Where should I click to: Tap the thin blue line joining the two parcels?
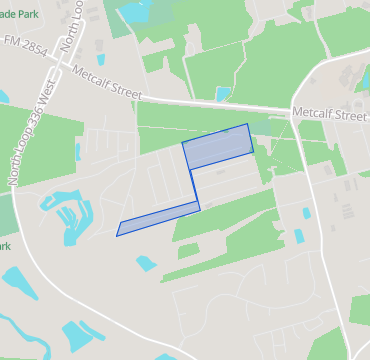point(194,186)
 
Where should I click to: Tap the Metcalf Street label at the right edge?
point(330,115)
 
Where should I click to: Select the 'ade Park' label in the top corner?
point(22,14)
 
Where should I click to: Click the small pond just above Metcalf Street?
point(222,95)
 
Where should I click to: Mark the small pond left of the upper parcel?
point(77,152)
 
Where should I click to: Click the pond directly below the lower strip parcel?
point(146,264)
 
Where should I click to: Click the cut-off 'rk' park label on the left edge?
point(4,246)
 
